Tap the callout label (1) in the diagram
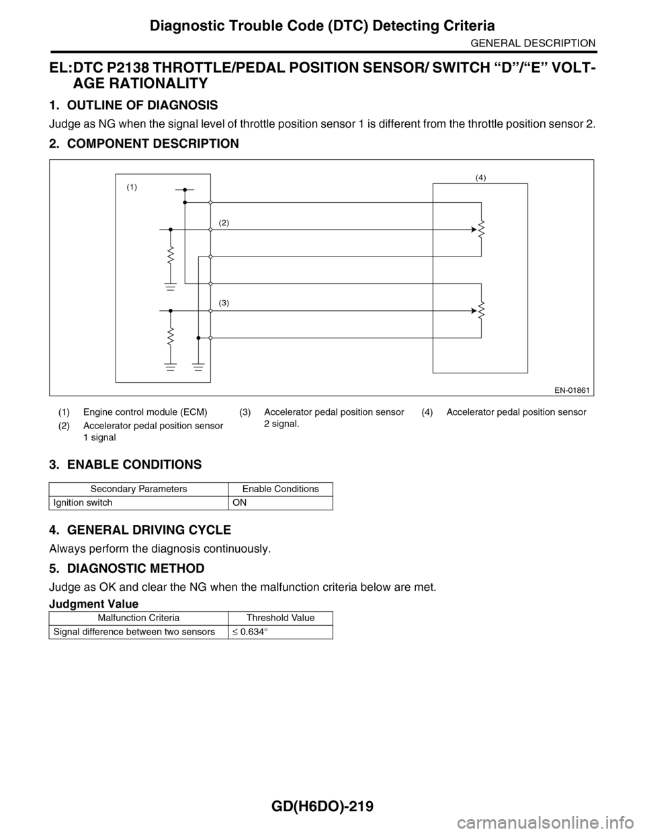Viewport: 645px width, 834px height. pos(131,189)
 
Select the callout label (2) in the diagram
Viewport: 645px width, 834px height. pos(224,222)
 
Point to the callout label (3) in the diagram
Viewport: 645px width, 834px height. pos(224,303)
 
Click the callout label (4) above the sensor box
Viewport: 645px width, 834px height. pos(480,177)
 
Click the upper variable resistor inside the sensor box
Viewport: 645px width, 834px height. pos(482,230)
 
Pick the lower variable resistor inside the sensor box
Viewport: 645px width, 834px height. pos(482,311)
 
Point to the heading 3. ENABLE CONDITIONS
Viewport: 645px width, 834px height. pos(125,465)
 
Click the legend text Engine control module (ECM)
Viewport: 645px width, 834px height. pos(145,412)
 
